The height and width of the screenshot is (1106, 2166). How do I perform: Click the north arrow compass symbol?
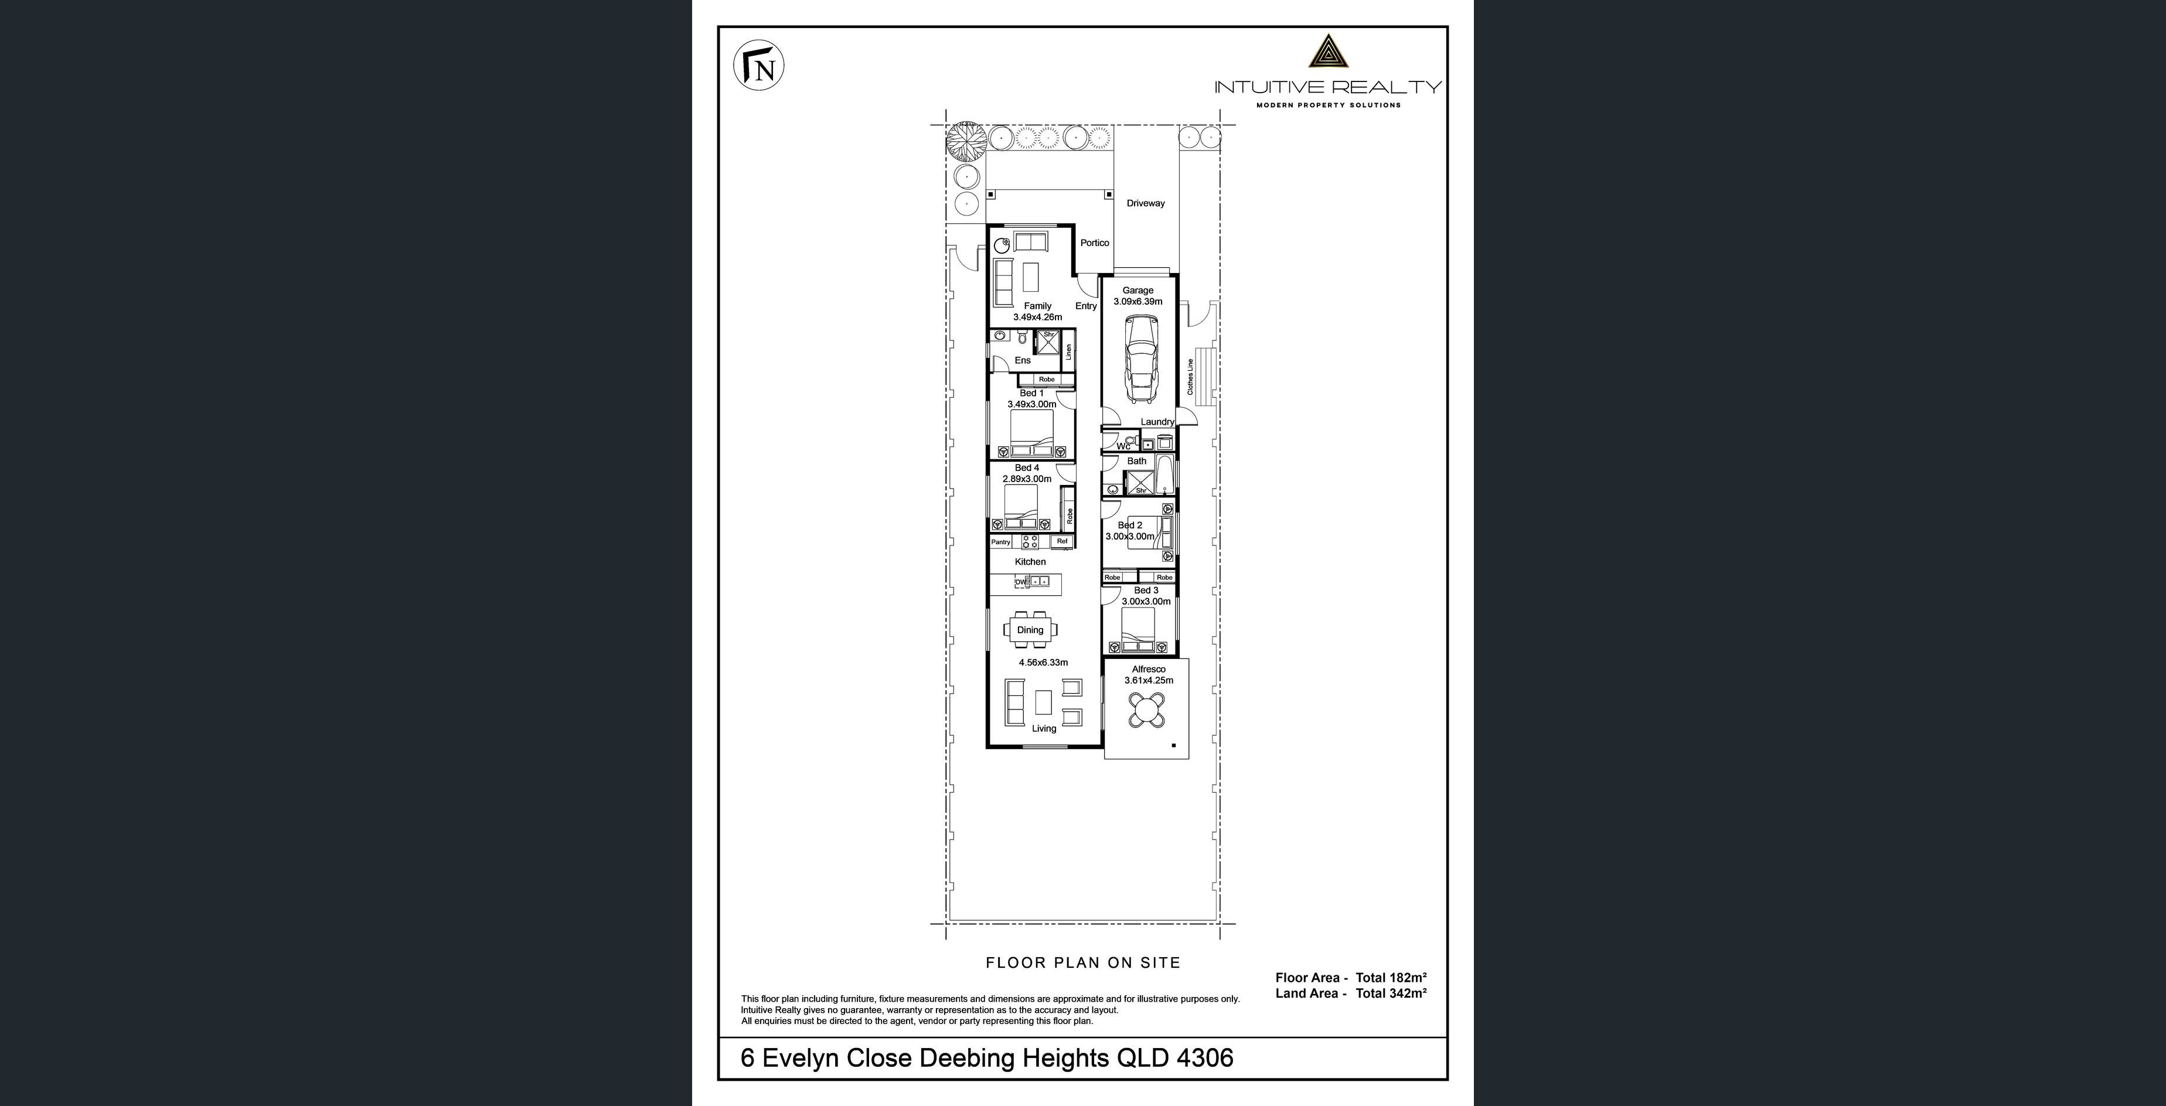click(x=760, y=66)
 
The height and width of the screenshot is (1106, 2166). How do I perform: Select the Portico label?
click(x=1095, y=243)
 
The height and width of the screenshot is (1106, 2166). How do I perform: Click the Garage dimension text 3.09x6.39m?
click(x=1138, y=302)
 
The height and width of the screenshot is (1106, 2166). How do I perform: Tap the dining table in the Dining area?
click(x=1030, y=630)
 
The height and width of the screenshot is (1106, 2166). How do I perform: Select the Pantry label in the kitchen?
click(x=1000, y=542)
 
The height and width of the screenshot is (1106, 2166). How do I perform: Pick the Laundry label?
click(x=1157, y=422)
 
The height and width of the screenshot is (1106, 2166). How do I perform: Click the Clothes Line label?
click(x=1190, y=377)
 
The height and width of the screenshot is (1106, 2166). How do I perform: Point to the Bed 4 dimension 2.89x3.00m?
click(x=1027, y=479)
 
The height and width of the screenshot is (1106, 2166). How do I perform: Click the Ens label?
click(x=1023, y=360)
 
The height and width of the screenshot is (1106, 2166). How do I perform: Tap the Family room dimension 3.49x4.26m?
click(x=1038, y=318)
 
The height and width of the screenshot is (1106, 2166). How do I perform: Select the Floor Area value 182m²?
click(x=1408, y=977)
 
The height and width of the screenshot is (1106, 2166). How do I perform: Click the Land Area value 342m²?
click(x=1408, y=994)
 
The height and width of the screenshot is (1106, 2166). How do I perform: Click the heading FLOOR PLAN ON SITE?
click(x=1083, y=963)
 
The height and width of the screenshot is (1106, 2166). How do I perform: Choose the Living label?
click(x=1044, y=729)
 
